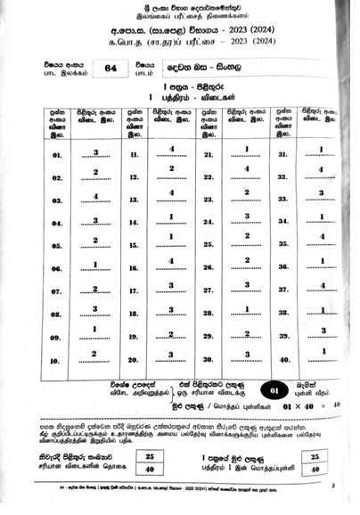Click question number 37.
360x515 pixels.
click(x=283, y=290)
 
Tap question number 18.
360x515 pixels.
click(x=134, y=312)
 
